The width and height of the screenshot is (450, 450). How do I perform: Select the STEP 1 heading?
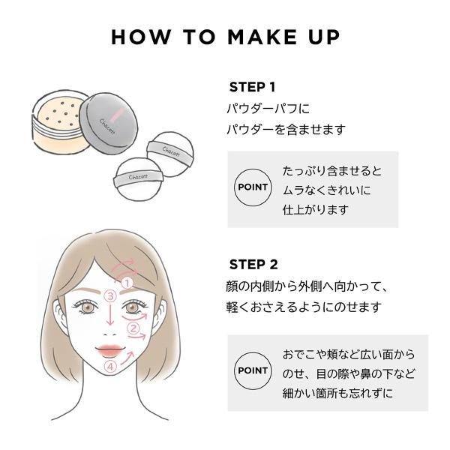point(252,87)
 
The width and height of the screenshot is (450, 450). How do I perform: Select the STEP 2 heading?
point(253,264)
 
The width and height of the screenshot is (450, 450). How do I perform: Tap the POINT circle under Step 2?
point(253,371)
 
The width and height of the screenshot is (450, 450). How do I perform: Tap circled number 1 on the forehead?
point(127,282)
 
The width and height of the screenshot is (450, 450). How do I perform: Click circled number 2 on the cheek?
point(133,328)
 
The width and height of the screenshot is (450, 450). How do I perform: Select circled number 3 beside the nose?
point(110,295)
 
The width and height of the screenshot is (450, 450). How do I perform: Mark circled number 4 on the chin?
point(109,367)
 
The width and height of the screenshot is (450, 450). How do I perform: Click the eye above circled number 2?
point(133,307)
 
